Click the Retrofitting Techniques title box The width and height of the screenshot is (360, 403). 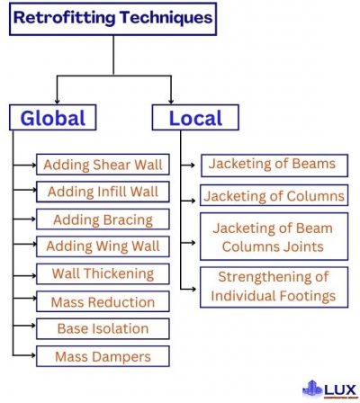(114, 17)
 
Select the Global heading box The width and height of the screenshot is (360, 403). (52, 118)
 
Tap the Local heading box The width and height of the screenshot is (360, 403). (193, 118)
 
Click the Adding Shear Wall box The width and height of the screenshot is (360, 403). (102, 165)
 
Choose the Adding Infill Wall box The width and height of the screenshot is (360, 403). (102, 192)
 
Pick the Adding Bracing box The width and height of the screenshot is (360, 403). (102, 219)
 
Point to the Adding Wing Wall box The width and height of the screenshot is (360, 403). (102, 246)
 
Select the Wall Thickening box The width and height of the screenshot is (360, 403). (102, 273)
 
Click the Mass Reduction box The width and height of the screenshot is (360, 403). (102, 302)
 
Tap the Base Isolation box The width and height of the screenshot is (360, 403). (102, 328)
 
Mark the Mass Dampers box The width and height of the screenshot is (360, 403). (102, 356)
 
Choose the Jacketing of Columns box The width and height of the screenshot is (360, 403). (273, 196)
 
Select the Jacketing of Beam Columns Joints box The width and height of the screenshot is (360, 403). (273, 237)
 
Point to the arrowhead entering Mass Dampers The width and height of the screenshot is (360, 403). (32, 357)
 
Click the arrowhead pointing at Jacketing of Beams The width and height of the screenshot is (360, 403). (194, 166)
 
